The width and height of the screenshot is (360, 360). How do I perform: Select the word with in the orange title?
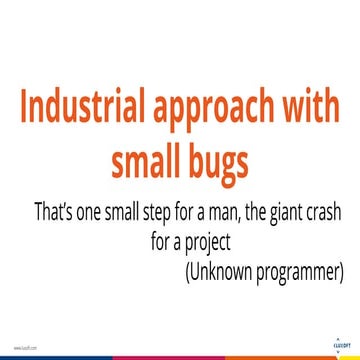(311, 106)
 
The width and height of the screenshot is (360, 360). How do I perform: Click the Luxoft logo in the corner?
(337, 343)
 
